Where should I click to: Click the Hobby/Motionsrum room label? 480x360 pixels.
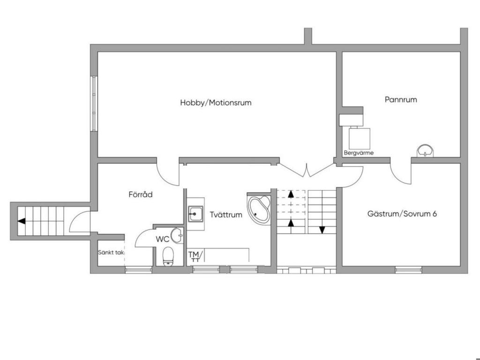pos(216,103)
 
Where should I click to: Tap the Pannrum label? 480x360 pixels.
pos(401,99)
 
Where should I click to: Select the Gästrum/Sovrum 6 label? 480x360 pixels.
pos(402,214)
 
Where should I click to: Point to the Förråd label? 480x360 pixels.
pos(141,194)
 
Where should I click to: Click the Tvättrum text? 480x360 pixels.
pos(226,215)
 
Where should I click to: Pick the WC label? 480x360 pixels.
pos(163,239)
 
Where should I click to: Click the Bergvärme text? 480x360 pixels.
pos(359,152)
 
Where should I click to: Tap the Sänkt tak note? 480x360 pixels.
pos(111,252)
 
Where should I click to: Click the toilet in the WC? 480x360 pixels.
pos(168,256)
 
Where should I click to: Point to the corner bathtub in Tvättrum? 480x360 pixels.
pos(259,209)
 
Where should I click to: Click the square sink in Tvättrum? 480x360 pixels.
pos(195,214)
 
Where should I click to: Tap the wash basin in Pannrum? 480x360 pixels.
pos(425,151)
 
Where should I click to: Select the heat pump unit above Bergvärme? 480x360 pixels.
pos(360,138)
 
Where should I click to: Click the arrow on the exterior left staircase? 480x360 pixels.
pos(22,221)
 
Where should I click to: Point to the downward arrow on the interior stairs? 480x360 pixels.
pos(322,229)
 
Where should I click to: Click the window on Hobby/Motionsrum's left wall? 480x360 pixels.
pos(94,103)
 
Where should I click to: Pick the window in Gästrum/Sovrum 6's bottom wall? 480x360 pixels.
pos(408,270)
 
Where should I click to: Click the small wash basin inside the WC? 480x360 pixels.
pos(177,235)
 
